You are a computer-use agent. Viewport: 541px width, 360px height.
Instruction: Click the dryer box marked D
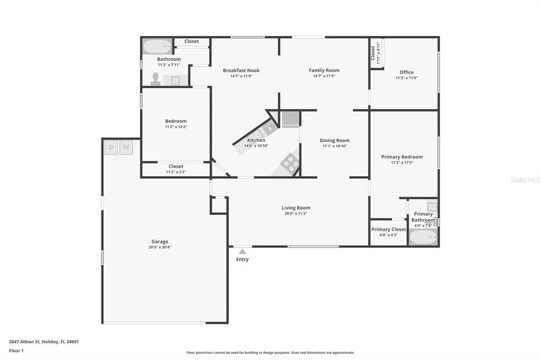(111, 147)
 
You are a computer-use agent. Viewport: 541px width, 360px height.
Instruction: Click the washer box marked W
(126, 147)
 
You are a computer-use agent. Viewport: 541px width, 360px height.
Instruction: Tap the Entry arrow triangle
(242, 252)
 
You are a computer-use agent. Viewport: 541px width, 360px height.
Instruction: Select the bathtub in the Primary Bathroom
(423, 237)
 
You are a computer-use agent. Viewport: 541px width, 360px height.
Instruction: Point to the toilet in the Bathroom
(156, 79)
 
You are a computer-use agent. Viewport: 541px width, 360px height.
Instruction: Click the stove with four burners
(290, 163)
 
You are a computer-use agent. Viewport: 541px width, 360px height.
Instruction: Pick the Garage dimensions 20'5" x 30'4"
(160, 247)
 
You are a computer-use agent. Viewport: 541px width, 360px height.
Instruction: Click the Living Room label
(296, 207)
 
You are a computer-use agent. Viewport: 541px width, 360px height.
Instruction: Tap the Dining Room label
(334, 140)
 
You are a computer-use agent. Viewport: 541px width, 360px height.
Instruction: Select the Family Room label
(324, 70)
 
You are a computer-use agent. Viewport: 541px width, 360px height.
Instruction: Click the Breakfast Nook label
(241, 70)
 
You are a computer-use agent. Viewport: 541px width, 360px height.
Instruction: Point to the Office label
(406, 72)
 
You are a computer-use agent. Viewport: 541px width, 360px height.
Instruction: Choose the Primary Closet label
(388, 229)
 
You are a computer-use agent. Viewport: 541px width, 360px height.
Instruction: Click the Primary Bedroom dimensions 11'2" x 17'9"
(402, 163)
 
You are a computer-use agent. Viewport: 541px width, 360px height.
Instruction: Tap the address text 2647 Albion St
(24, 342)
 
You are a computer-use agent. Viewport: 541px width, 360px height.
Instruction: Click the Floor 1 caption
(16, 350)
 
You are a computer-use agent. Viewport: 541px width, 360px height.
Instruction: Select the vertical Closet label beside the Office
(372, 53)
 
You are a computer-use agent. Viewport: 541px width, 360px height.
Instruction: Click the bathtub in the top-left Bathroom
(157, 46)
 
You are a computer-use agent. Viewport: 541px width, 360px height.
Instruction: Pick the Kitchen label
(256, 140)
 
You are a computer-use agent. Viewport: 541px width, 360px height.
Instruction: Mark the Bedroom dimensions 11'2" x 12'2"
(176, 127)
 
